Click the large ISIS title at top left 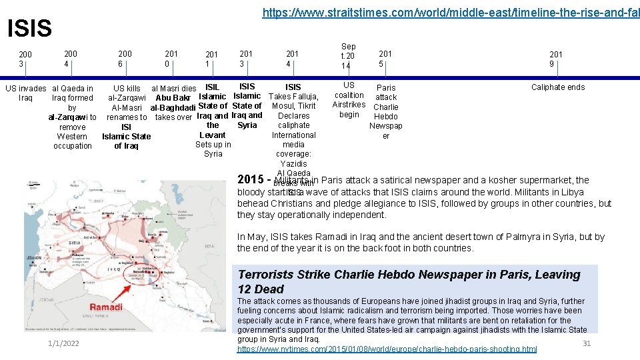coord(29,29)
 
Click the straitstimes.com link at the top coord(451,12)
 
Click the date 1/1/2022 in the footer coord(63,343)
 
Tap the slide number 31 coord(587,343)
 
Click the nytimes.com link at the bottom coord(387,349)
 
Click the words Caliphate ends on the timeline coord(557,87)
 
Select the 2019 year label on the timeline coord(556,59)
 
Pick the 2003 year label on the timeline coord(25,59)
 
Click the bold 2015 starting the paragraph coord(251,180)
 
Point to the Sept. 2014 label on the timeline coord(348,56)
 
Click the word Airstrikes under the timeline coord(349,105)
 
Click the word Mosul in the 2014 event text coord(283,106)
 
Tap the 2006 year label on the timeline coord(125,59)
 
